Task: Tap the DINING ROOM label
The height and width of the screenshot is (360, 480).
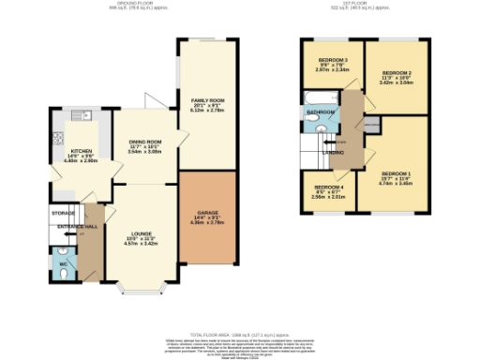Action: (145, 142)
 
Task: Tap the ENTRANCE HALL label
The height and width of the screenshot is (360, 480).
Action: (78, 227)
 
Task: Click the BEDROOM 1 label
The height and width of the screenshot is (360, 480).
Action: (396, 174)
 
